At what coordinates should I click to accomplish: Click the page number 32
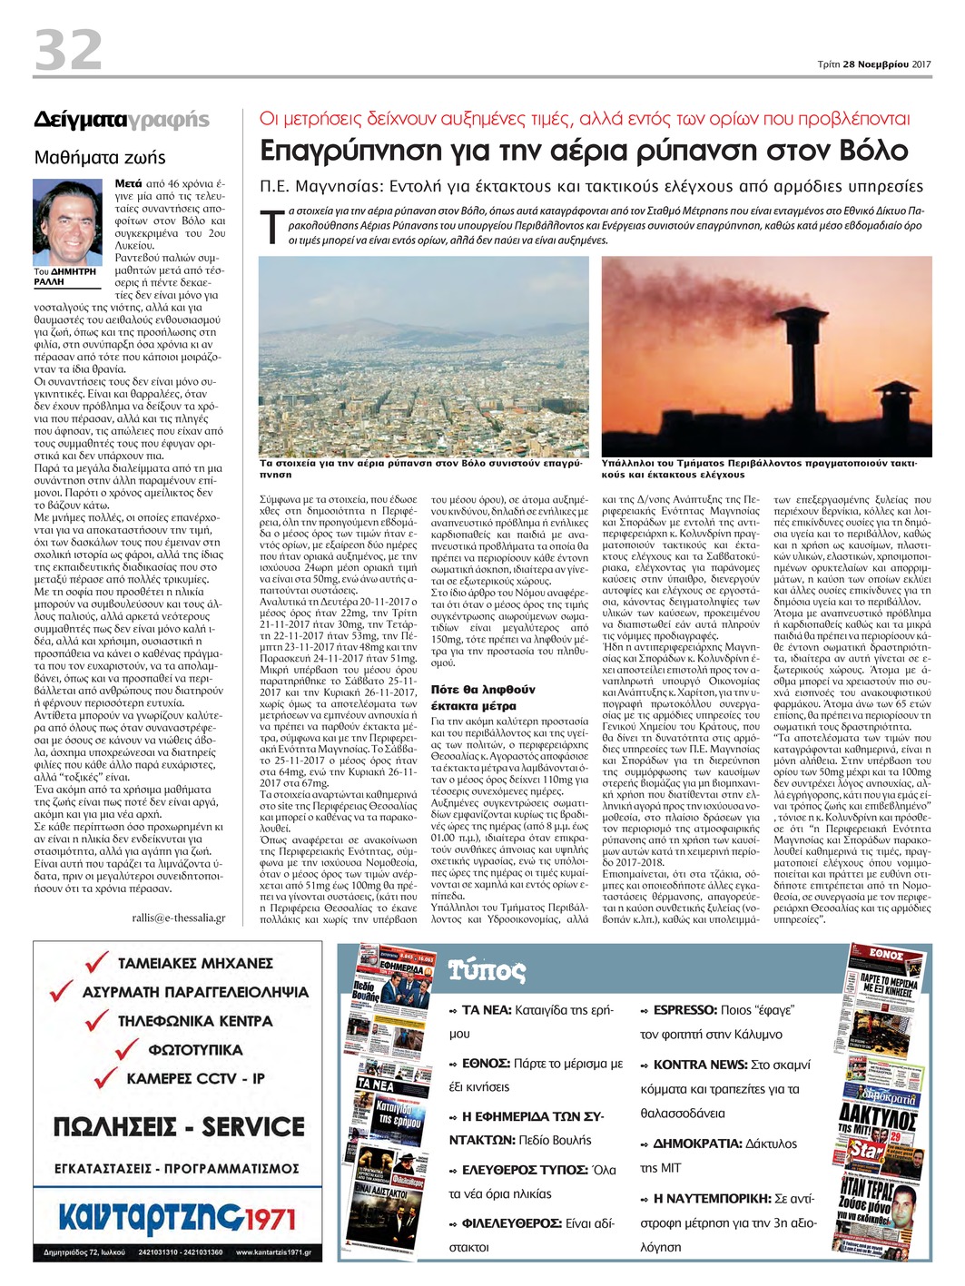tap(68, 50)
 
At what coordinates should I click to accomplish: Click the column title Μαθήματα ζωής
tap(100, 157)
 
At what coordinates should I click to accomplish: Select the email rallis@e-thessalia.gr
tap(178, 918)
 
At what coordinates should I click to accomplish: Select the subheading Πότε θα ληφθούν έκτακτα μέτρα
tap(483, 697)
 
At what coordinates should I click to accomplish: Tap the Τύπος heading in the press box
tap(487, 971)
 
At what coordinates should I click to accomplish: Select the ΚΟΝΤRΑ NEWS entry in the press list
tap(700, 1065)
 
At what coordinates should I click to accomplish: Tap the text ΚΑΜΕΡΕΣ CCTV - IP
tap(195, 1078)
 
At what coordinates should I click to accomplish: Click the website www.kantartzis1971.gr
tap(272, 1253)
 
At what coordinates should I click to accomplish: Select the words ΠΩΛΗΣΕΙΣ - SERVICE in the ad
tap(179, 1127)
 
